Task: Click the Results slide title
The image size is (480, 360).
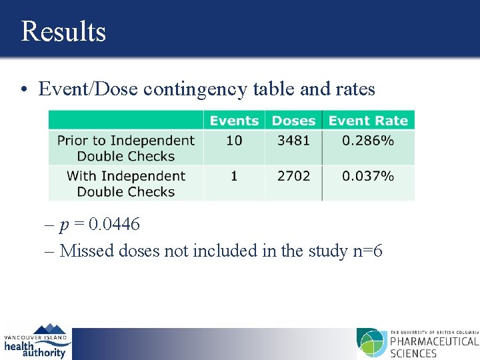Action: pyautogui.click(x=63, y=31)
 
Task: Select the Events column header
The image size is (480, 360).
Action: pyautogui.click(x=233, y=121)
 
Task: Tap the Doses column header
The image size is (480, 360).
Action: pyautogui.click(x=293, y=121)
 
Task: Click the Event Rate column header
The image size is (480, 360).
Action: pyautogui.click(x=368, y=121)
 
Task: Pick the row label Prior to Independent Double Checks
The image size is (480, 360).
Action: pyautogui.click(x=125, y=148)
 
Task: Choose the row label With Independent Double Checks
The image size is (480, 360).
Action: pyautogui.click(x=125, y=183)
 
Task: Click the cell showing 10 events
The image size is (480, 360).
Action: pyautogui.click(x=234, y=141)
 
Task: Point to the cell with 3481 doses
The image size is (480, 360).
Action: pyautogui.click(x=293, y=141)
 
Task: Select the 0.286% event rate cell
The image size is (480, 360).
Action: pyautogui.click(x=368, y=141)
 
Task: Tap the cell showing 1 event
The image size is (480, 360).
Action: pyautogui.click(x=234, y=176)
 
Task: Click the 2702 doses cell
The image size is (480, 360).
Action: pyautogui.click(x=293, y=176)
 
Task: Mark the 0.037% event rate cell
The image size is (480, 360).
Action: pyautogui.click(x=368, y=176)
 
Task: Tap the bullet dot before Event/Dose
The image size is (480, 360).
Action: pyautogui.click(x=23, y=90)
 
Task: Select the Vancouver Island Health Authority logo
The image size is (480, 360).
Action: pyautogui.click(x=36, y=341)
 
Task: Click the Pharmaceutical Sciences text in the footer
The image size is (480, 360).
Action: pyautogui.click(x=433, y=347)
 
